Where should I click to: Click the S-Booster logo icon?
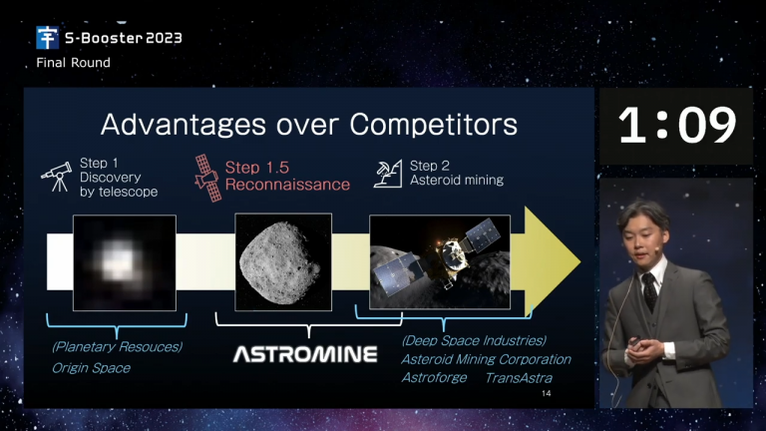tap(48, 38)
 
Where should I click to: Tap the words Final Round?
tap(73, 63)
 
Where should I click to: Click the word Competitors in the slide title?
tap(433, 124)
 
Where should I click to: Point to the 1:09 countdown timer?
tap(677, 126)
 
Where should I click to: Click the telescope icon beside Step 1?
tap(57, 177)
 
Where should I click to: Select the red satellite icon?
tap(207, 178)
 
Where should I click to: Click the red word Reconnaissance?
tap(287, 185)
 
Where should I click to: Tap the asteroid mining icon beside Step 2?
tap(388, 174)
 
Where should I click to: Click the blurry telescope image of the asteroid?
tap(125, 263)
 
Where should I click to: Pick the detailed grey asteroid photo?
tap(283, 262)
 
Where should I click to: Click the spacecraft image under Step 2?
tap(440, 262)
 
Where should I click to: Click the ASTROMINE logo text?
tap(305, 354)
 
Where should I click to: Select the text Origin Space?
tap(92, 368)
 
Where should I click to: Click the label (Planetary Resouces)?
tap(118, 347)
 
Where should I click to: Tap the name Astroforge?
tap(434, 378)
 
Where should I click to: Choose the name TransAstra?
tap(519, 378)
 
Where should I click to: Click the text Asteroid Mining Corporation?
tap(486, 359)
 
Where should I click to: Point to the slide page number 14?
tap(547, 393)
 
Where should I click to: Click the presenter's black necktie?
tap(649, 291)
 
